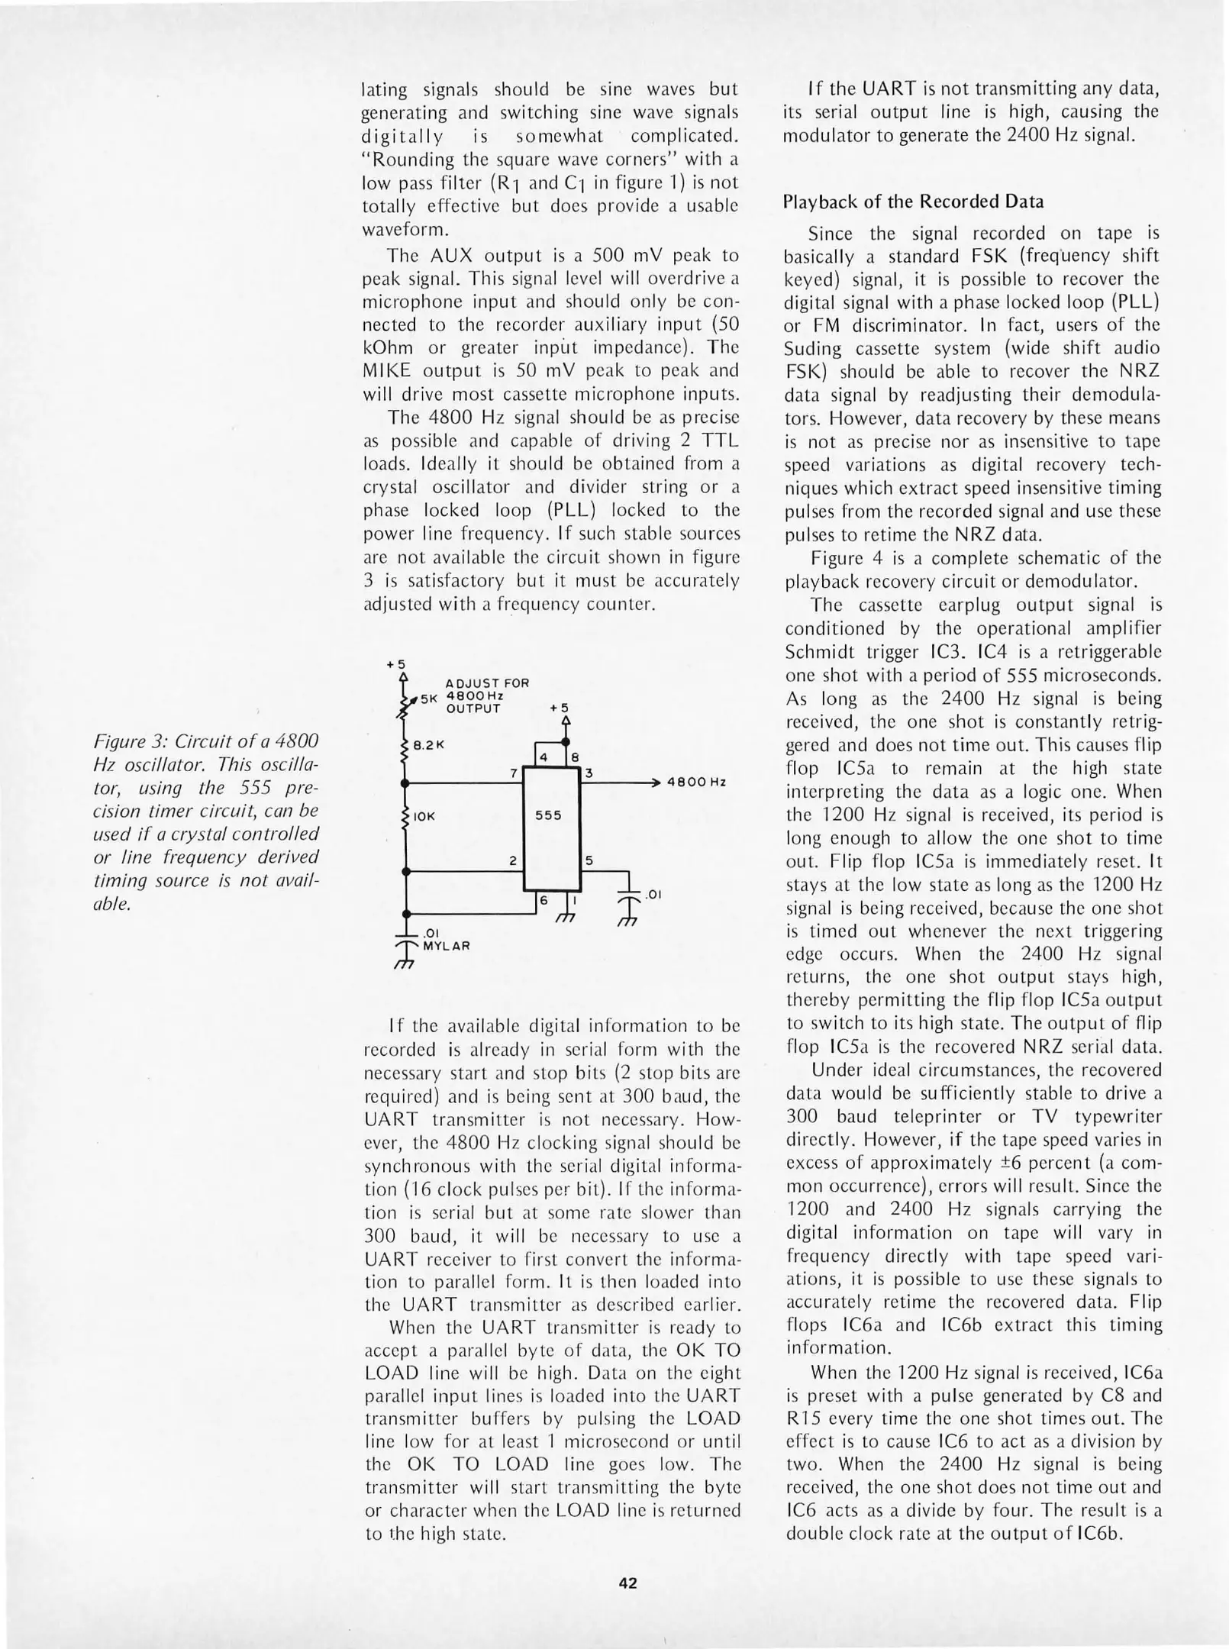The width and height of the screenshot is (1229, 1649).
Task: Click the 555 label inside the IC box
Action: pos(548,815)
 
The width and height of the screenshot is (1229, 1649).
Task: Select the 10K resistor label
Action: pos(424,817)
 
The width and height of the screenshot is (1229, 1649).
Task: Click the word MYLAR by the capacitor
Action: pos(447,945)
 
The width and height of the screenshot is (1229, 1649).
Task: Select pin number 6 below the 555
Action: pos(544,901)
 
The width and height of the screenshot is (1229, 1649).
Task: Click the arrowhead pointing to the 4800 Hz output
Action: pos(656,783)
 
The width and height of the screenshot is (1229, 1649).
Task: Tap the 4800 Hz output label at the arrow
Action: pos(695,783)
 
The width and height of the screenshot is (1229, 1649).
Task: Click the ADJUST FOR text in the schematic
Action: pos(487,683)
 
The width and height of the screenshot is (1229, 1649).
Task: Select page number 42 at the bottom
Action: pos(627,1583)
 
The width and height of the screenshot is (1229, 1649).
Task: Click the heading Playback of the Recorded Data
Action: pos(913,202)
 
